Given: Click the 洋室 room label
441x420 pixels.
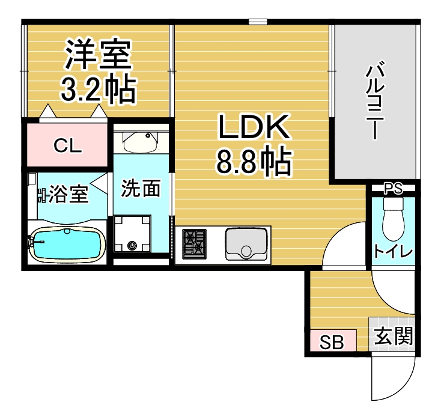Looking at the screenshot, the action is (x=98, y=53).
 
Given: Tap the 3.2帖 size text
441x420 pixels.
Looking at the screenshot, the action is (x=99, y=89).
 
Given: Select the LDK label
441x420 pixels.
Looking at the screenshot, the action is (x=254, y=127).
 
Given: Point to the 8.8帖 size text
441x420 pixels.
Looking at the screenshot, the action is (x=254, y=161).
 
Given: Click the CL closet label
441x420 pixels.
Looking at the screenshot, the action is (x=68, y=146).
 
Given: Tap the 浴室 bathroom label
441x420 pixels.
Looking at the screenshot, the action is (x=68, y=194).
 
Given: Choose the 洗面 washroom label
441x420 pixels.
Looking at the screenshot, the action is (x=141, y=188).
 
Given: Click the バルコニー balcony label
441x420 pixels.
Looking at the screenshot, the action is (x=375, y=100).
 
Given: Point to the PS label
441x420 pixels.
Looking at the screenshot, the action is (x=393, y=188).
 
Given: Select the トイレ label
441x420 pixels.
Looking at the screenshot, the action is (x=393, y=252).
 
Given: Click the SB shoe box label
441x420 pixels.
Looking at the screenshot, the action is (x=332, y=342).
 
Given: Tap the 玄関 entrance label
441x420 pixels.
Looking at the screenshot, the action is (x=394, y=336).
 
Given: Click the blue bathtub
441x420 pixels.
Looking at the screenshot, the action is (x=67, y=243).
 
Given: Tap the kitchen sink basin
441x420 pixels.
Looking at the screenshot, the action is (x=246, y=244).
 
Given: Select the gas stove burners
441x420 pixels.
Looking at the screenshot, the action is (x=194, y=244).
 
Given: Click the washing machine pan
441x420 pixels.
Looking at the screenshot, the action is (x=132, y=234).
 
